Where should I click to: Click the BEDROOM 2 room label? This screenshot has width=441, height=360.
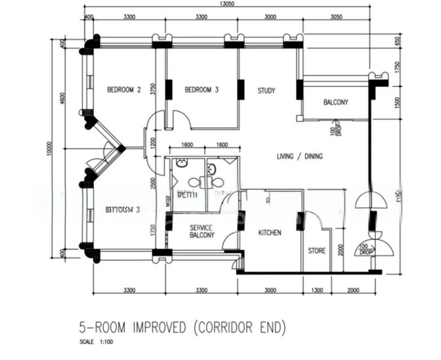tap(124, 90)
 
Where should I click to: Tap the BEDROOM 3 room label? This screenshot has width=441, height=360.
tap(202, 90)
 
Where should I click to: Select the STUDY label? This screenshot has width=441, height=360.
tap(266, 91)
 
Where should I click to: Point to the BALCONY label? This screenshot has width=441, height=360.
tap(335, 103)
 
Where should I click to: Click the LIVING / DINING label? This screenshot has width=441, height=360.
tap(299, 157)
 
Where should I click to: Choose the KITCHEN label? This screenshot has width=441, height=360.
tap(270, 232)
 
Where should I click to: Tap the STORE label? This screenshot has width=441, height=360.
tap(317, 250)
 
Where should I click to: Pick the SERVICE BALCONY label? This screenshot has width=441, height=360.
tap(202, 232)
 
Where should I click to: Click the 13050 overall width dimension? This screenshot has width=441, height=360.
tap(226, 4)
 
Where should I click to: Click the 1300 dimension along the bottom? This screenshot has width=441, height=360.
tap(317, 290)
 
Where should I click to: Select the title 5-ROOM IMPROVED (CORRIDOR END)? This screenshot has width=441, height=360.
tap(183, 328)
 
